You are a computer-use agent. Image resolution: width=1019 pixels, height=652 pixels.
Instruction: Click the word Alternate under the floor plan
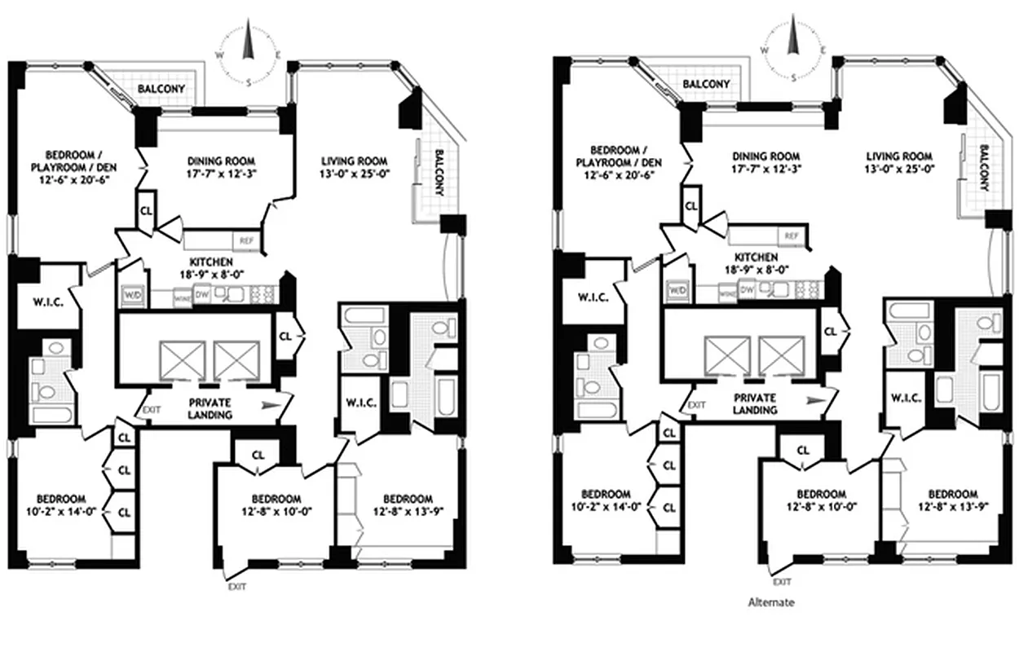[770, 603]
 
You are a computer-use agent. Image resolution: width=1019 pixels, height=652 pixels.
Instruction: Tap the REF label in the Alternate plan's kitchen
[790, 236]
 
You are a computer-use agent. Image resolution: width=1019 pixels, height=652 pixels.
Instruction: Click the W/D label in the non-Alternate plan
[132, 294]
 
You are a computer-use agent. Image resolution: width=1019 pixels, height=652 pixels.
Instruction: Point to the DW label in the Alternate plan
[746, 289]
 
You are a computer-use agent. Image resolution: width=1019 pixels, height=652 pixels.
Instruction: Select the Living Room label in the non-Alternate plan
[353, 161]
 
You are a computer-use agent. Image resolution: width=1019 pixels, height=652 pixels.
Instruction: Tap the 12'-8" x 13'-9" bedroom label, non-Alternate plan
[407, 505]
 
